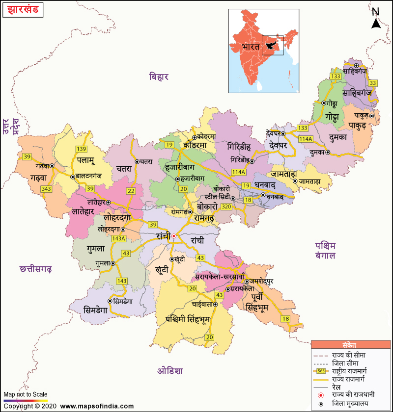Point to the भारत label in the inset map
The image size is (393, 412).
point(250,48)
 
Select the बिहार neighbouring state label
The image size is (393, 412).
point(160,77)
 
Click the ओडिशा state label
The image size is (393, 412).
point(170,370)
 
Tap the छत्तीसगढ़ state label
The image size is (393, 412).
point(36,269)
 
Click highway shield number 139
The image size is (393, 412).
point(81,149)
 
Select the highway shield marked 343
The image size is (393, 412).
point(47,189)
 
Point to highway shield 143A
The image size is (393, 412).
point(119,238)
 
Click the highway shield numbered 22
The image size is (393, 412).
point(131,191)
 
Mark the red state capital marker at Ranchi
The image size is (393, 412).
point(173,236)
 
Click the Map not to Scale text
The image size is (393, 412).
point(26,394)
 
